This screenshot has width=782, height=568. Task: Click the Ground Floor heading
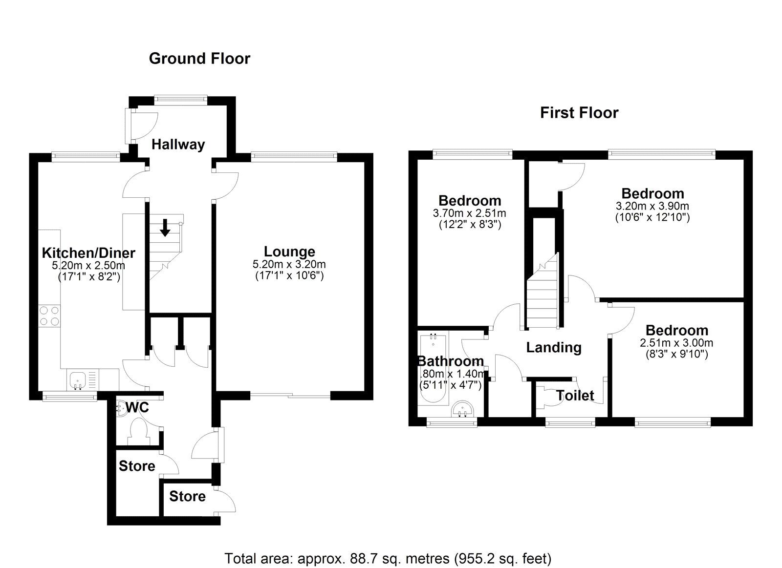[199, 59]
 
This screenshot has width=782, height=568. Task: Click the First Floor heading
[579, 113]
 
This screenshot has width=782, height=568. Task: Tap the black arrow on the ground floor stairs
[165, 227]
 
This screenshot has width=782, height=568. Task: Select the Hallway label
[178, 145]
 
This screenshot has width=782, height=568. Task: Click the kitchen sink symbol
[77, 379]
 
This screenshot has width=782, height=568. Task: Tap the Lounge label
[289, 252]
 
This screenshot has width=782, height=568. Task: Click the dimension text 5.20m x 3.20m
[289, 265]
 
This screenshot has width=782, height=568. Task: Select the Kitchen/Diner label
[88, 253]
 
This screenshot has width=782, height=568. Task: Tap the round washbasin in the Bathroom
[462, 409]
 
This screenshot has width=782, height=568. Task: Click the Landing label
[554, 348]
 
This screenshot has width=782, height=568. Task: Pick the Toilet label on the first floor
[575, 396]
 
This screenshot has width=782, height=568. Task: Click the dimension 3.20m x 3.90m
[652, 206]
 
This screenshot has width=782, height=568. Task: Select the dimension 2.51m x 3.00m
[676, 343]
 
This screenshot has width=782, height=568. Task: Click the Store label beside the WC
[137, 466]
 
